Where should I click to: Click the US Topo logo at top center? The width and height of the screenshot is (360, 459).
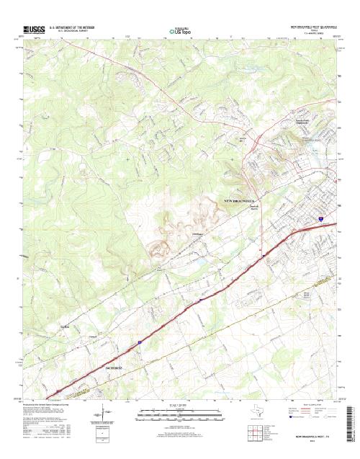[180, 31]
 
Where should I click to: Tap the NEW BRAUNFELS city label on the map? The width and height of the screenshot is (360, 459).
[240, 199]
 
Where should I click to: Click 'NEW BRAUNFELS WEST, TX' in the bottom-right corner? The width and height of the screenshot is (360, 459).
[311, 437]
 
